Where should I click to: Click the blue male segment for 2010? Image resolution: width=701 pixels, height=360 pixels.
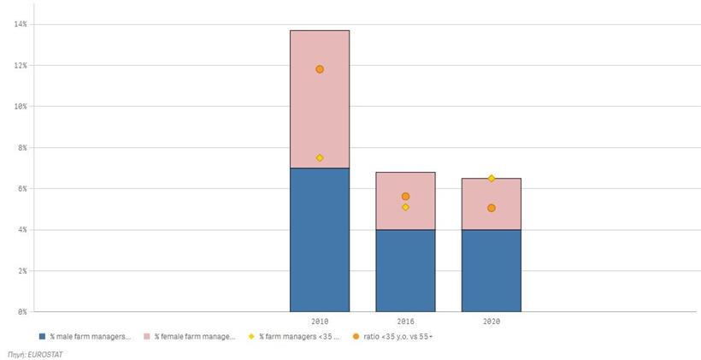point(319,239)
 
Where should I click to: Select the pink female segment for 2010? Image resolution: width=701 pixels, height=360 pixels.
point(319,111)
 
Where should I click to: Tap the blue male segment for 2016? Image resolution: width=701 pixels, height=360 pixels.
point(405,269)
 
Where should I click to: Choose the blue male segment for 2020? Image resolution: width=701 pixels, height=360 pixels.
point(491,269)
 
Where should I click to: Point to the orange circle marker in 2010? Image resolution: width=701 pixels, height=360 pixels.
point(320,69)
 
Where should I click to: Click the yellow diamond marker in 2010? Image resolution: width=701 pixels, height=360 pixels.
point(320,158)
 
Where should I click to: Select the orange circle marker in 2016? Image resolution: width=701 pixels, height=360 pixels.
point(405,197)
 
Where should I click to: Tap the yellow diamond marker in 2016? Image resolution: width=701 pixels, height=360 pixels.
point(405,207)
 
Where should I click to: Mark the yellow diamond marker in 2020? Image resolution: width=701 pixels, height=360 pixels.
point(492,179)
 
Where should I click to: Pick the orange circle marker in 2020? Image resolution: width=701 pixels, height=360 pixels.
point(492,208)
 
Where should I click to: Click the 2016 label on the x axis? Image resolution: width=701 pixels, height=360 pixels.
point(405,322)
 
